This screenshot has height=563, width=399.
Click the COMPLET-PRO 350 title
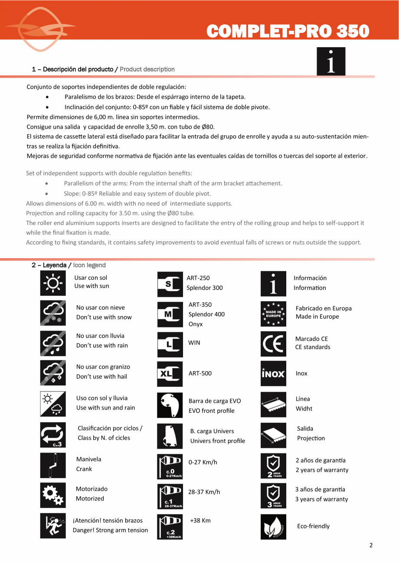pos(288,31)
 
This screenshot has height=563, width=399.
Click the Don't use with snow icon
pos(53,313)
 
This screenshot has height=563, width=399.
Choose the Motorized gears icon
pos(53,495)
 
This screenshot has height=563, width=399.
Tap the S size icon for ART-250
pos(170,284)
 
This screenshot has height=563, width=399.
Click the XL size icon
pos(170,374)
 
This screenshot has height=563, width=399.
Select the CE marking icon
pos(274,343)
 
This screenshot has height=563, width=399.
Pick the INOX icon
pos(274,373)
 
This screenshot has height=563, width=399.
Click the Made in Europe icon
pos(274,314)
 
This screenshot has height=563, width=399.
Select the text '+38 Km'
pos(200,521)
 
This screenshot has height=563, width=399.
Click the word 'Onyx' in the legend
pos(196,324)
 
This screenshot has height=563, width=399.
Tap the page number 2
pos(371,545)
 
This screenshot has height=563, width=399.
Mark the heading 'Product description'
pos(147,69)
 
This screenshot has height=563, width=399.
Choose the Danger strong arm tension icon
pos(53,526)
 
